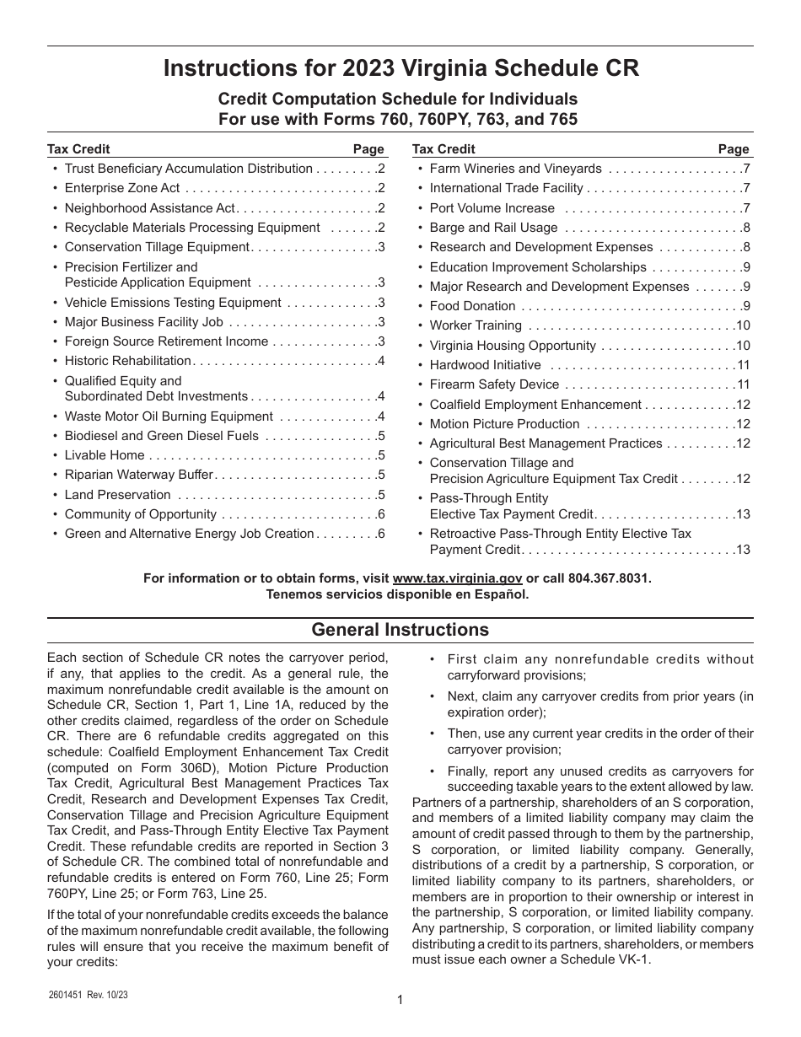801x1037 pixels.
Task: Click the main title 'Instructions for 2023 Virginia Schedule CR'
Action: pos(400,69)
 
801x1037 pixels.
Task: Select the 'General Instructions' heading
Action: pos(400,630)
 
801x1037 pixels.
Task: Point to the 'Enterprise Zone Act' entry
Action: pos(122,189)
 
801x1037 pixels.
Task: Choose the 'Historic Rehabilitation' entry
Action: pos(128,361)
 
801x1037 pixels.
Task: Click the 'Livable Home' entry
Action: pos(105,455)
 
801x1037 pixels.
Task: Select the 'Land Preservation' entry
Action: pos(117,495)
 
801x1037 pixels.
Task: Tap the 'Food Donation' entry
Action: pos(472,306)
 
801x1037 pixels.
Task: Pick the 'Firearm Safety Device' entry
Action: pos(494,384)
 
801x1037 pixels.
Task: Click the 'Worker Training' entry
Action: pos(476,325)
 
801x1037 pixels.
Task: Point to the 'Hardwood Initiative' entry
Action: pos(485,365)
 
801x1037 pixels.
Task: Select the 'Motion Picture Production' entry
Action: pos(504,424)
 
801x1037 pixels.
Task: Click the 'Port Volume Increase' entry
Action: pos(492,208)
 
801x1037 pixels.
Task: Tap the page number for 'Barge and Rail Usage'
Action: pos(746,228)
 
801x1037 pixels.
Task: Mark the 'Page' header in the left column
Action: pos(368,149)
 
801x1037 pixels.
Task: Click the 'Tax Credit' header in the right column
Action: pos(444,149)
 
